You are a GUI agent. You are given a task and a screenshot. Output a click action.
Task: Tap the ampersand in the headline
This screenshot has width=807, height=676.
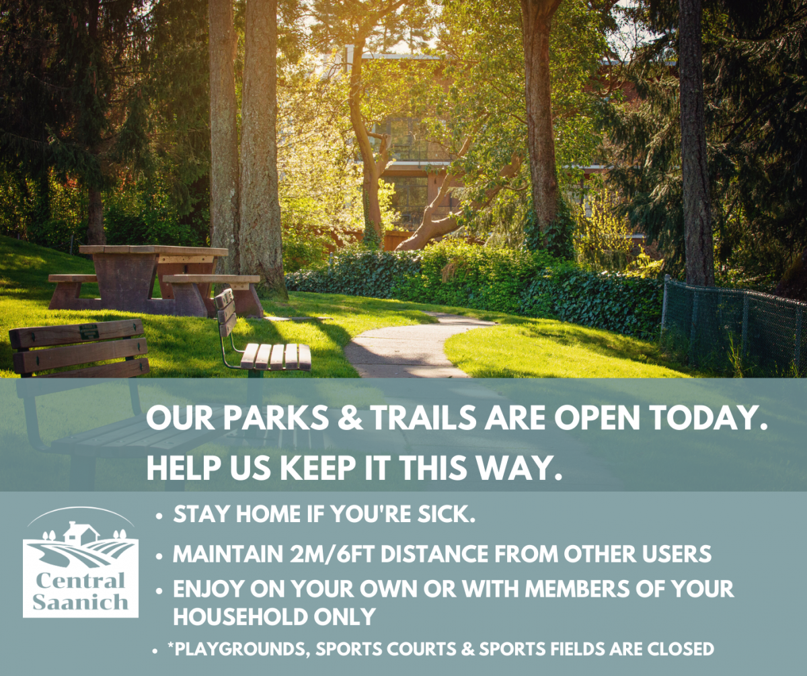point(350,419)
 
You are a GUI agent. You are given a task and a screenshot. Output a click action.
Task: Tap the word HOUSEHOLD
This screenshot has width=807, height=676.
point(240,616)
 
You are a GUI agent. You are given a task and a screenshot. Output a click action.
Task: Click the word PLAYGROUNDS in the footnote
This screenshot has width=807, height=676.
point(239,649)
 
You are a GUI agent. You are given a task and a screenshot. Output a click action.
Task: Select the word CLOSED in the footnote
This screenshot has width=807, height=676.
point(681,648)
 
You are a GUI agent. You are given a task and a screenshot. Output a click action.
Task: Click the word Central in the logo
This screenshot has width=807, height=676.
point(81,580)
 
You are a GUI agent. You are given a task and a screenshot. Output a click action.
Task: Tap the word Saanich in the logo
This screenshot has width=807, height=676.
point(81,602)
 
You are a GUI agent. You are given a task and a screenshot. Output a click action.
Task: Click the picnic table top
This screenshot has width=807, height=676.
point(153,251)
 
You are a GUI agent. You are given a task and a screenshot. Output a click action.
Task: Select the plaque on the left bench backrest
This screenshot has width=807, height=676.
point(89,332)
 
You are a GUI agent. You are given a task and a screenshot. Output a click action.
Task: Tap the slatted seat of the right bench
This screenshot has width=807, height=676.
point(276,357)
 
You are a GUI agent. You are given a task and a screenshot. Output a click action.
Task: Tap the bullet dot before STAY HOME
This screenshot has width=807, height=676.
point(159,517)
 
